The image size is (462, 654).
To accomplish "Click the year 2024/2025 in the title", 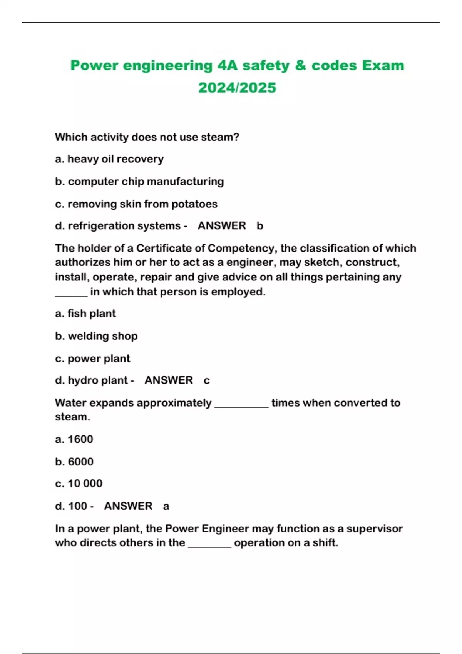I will click(237, 88).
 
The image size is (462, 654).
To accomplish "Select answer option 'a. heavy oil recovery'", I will click(109, 159).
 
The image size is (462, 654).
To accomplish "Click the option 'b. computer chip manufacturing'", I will click(139, 181).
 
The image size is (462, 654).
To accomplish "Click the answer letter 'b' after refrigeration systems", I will click(260, 226).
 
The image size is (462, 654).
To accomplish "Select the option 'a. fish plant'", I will click(85, 314).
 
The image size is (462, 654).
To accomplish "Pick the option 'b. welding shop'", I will click(96, 336).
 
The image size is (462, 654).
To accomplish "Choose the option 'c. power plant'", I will click(93, 359).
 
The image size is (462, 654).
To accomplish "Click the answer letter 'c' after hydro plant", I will click(207, 380).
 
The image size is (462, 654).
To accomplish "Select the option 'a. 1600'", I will click(74, 439).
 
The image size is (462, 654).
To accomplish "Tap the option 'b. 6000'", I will click(74, 462).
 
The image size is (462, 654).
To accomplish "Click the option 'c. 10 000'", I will click(79, 484).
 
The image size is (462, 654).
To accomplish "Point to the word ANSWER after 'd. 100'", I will click(128, 506).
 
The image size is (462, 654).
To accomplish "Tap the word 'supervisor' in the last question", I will click(374, 529).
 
